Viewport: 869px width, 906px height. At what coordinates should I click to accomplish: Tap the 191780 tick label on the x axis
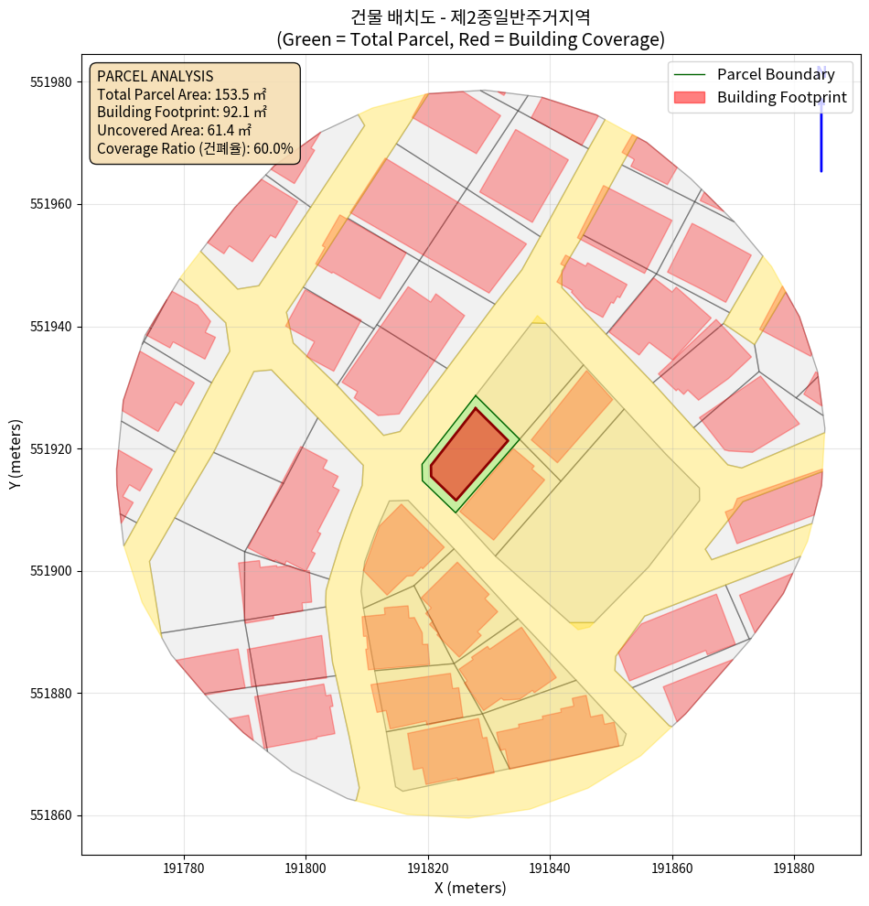[184, 866]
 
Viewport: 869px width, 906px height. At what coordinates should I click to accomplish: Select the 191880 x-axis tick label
[794, 866]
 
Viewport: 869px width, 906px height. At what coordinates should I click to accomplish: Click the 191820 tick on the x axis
[428, 855]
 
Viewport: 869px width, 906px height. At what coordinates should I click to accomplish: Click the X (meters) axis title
[470, 888]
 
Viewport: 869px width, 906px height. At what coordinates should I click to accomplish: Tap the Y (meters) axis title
[15, 454]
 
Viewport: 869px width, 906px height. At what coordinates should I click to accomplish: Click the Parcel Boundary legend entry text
[776, 74]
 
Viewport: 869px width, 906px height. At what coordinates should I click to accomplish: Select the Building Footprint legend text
[782, 97]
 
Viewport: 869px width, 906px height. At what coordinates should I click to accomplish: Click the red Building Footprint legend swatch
[691, 97]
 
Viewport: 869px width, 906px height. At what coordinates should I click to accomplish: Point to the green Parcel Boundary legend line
[691, 74]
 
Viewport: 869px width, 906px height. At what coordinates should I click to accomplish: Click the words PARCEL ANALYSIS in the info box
[155, 76]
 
